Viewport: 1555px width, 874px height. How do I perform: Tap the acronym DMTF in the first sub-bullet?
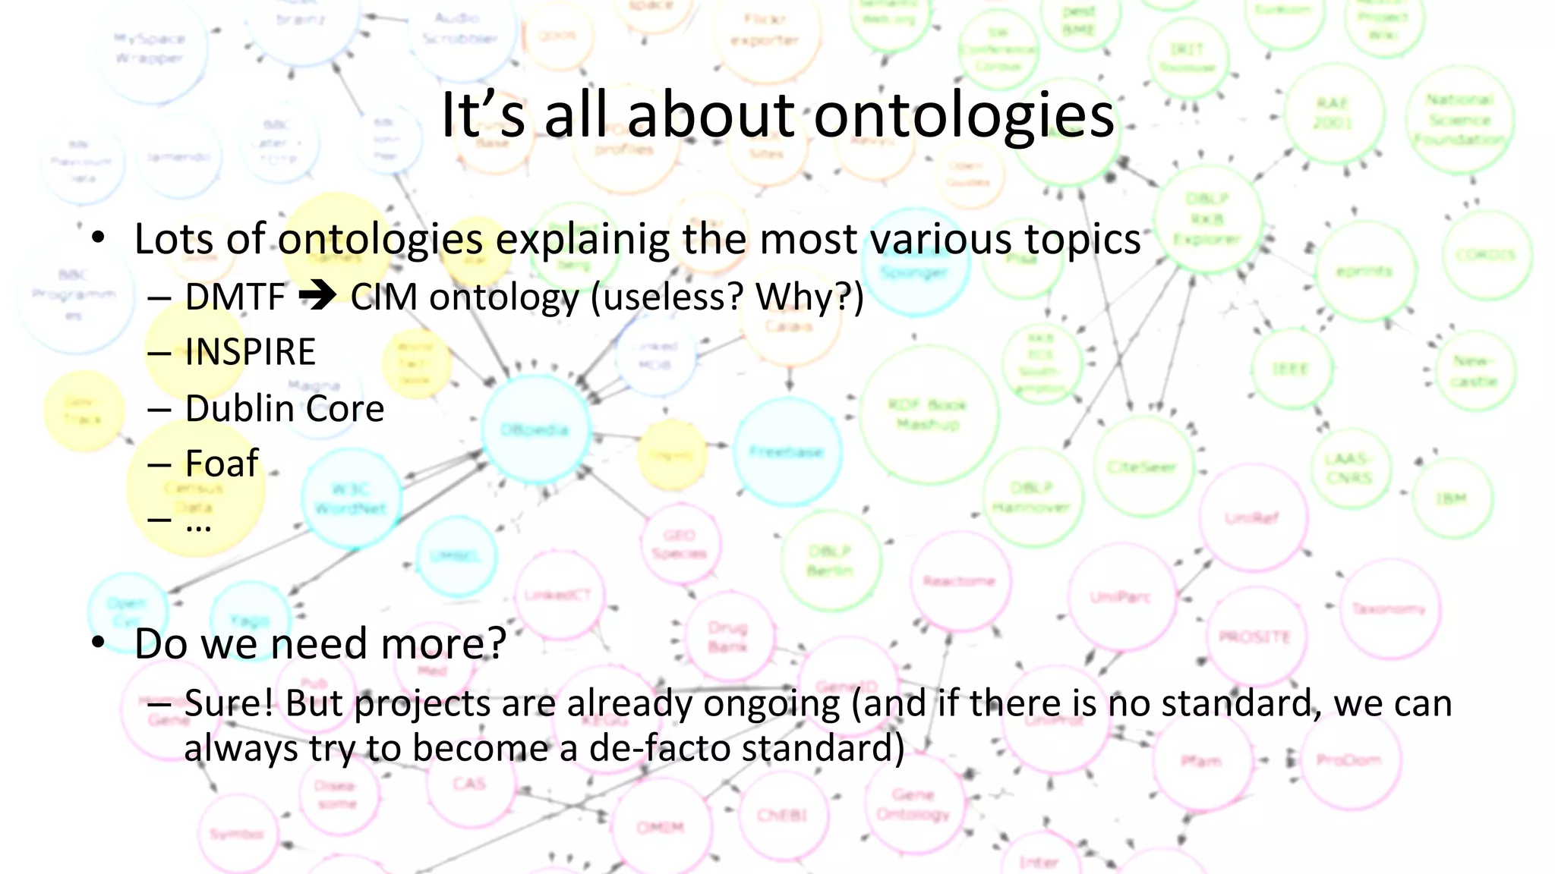tap(235, 297)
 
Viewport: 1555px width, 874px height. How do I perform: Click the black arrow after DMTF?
tap(317, 296)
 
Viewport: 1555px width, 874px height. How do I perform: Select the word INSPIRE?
tap(250, 352)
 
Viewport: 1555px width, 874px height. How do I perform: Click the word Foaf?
tap(222, 464)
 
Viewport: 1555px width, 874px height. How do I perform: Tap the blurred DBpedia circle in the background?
tap(535, 429)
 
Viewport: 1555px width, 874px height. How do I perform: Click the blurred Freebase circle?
tap(787, 452)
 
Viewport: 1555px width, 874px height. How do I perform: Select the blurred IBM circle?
tap(1451, 499)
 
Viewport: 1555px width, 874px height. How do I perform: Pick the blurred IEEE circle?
tap(1290, 369)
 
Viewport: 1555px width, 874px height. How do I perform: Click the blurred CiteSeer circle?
tap(1142, 467)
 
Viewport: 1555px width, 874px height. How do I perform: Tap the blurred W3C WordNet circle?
tap(351, 498)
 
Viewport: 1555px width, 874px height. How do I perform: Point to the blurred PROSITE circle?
tap(1254, 636)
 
